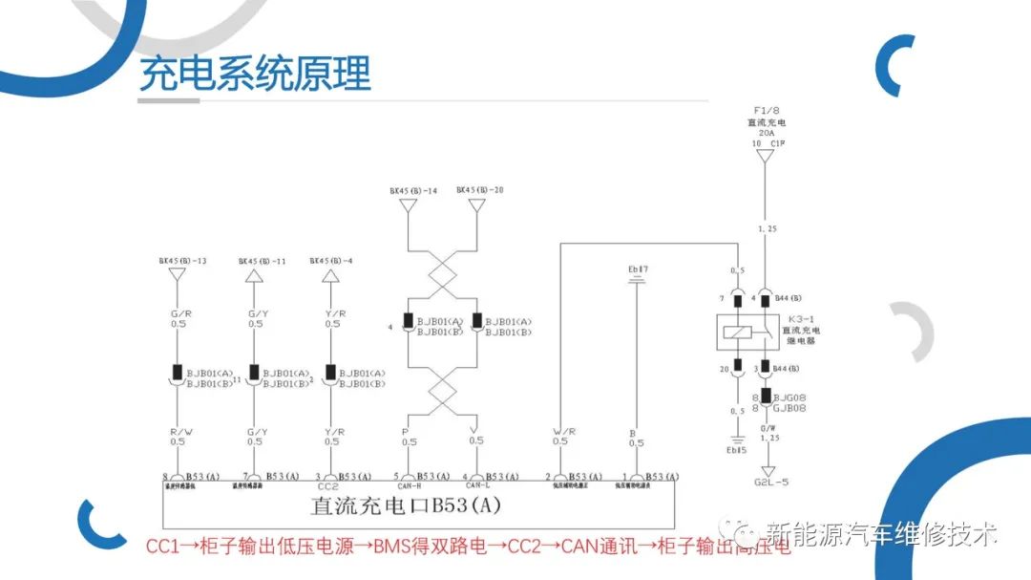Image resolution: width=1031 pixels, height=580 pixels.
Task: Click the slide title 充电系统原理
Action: (x=255, y=74)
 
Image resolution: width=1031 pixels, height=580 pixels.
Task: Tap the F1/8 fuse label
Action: (x=765, y=112)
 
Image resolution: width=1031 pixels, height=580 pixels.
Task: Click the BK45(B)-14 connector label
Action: (x=412, y=190)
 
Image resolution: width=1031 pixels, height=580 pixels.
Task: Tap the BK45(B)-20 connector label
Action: (x=479, y=190)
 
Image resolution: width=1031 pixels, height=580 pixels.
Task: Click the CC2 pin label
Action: (x=328, y=487)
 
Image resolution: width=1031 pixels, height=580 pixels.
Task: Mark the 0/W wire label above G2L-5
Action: (x=768, y=429)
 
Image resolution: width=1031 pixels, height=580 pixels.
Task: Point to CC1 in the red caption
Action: (x=161, y=547)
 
